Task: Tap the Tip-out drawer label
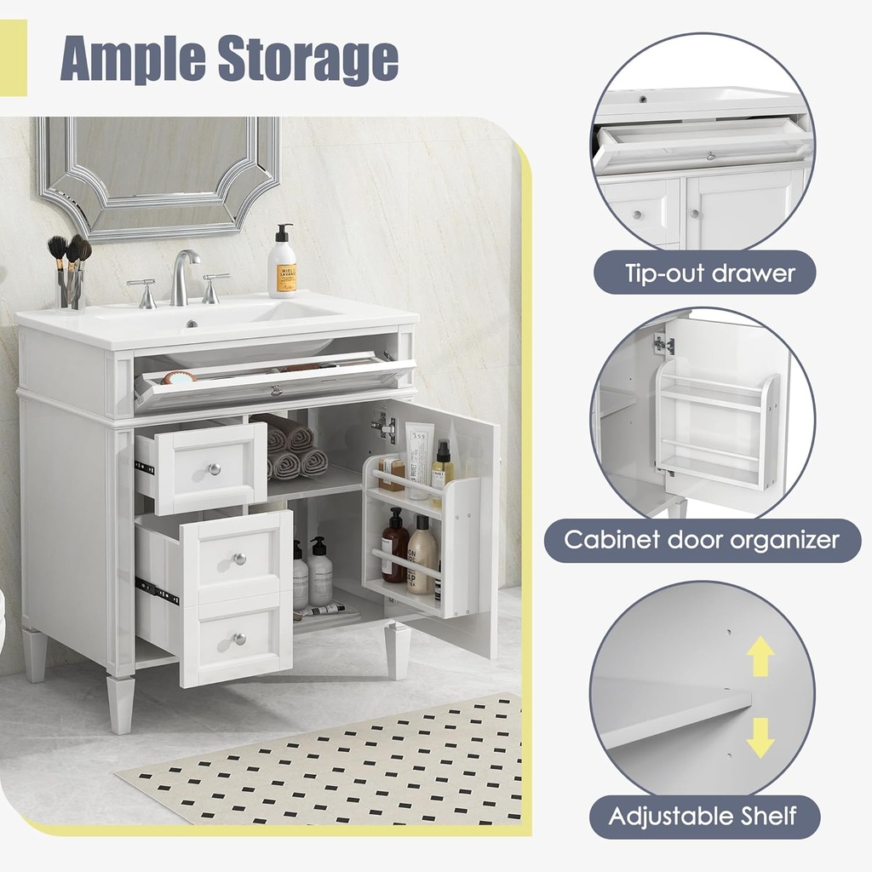pyautogui.click(x=709, y=273)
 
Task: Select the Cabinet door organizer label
pyautogui.click(x=702, y=540)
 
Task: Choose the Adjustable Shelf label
pyautogui.click(x=702, y=817)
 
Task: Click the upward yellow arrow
pyautogui.click(x=760, y=657)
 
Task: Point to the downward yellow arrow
pyautogui.click(x=760, y=737)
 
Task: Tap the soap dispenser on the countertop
pyautogui.click(x=282, y=263)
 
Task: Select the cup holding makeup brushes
pyautogui.click(x=72, y=290)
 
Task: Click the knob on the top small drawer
pyautogui.click(x=215, y=469)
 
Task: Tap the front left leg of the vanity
pyautogui.click(x=121, y=703)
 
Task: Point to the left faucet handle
pyautogui.click(x=143, y=292)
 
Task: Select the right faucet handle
pyautogui.click(x=213, y=287)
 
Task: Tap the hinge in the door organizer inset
pyautogui.click(x=664, y=344)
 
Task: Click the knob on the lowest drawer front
pyautogui.click(x=239, y=638)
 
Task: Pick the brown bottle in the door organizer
pyautogui.click(x=393, y=546)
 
